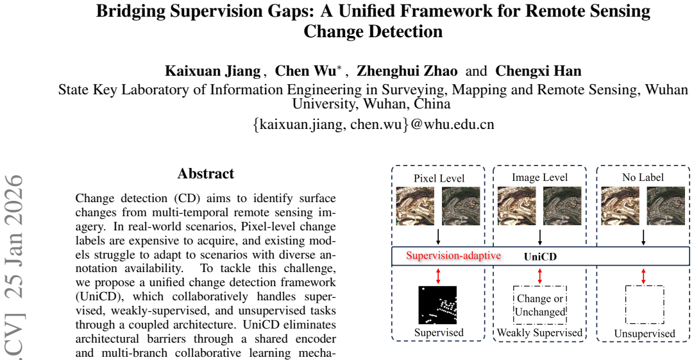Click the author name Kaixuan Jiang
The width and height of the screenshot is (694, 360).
pyautogui.click(x=213, y=71)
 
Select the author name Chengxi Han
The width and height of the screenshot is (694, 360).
pyautogui.click(x=538, y=71)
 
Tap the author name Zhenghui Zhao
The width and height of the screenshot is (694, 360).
pyautogui.click(x=407, y=71)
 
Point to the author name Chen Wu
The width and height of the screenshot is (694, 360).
pyautogui.click(x=305, y=71)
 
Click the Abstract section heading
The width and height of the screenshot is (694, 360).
pyautogui.click(x=206, y=173)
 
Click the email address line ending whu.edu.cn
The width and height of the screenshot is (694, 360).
pyautogui.click(x=373, y=124)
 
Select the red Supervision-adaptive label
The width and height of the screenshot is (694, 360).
pyautogui.click(x=453, y=255)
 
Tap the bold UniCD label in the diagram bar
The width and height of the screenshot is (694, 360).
pyautogui.click(x=541, y=257)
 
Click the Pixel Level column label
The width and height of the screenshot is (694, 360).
pyautogui.click(x=439, y=178)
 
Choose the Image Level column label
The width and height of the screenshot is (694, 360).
pyautogui.click(x=540, y=177)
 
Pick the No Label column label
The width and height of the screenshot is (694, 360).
pyautogui.click(x=643, y=177)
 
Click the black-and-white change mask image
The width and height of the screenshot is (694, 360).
pyautogui.click(x=437, y=305)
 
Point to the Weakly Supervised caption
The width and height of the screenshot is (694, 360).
pyautogui.click(x=539, y=332)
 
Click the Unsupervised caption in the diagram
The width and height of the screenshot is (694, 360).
pyautogui.click(x=645, y=334)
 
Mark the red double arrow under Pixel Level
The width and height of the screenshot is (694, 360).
pyautogui.click(x=438, y=276)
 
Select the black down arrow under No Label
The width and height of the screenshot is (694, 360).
pyautogui.click(x=643, y=237)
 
